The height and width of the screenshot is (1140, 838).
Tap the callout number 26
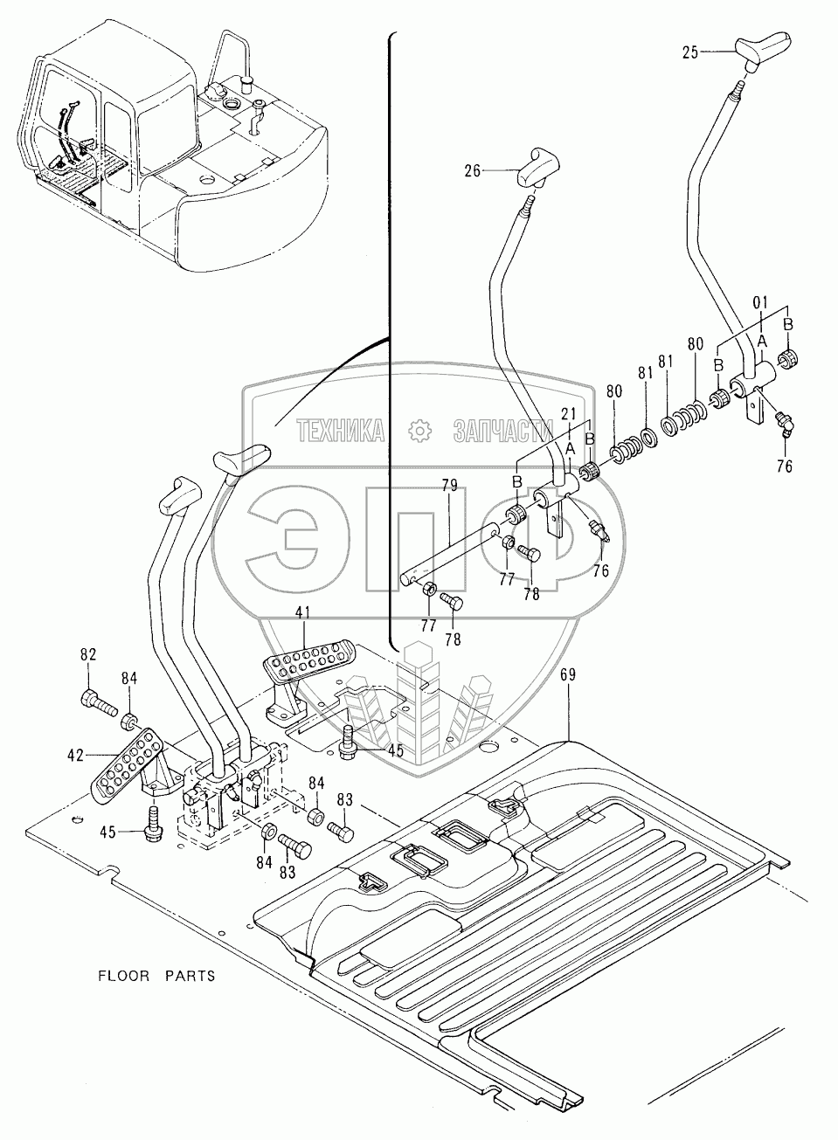(x=473, y=172)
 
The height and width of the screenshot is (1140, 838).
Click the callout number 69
(x=568, y=674)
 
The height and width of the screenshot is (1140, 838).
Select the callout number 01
(x=760, y=302)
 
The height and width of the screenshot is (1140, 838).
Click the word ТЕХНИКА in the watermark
(x=342, y=430)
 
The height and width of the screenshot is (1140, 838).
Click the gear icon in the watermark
(x=420, y=431)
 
